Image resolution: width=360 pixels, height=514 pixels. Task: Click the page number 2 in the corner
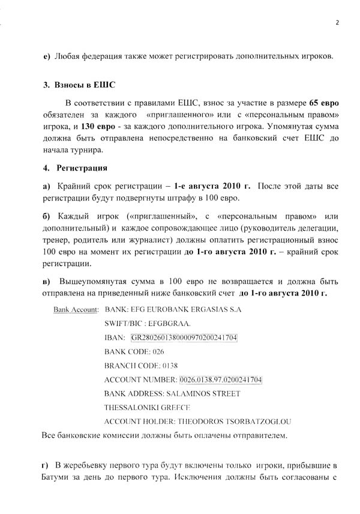(337, 23)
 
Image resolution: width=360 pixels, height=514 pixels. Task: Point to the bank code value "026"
(158, 351)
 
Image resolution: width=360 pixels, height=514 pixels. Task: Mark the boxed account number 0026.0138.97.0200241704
(220, 379)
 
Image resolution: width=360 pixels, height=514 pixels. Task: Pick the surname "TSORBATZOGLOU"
(258, 421)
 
